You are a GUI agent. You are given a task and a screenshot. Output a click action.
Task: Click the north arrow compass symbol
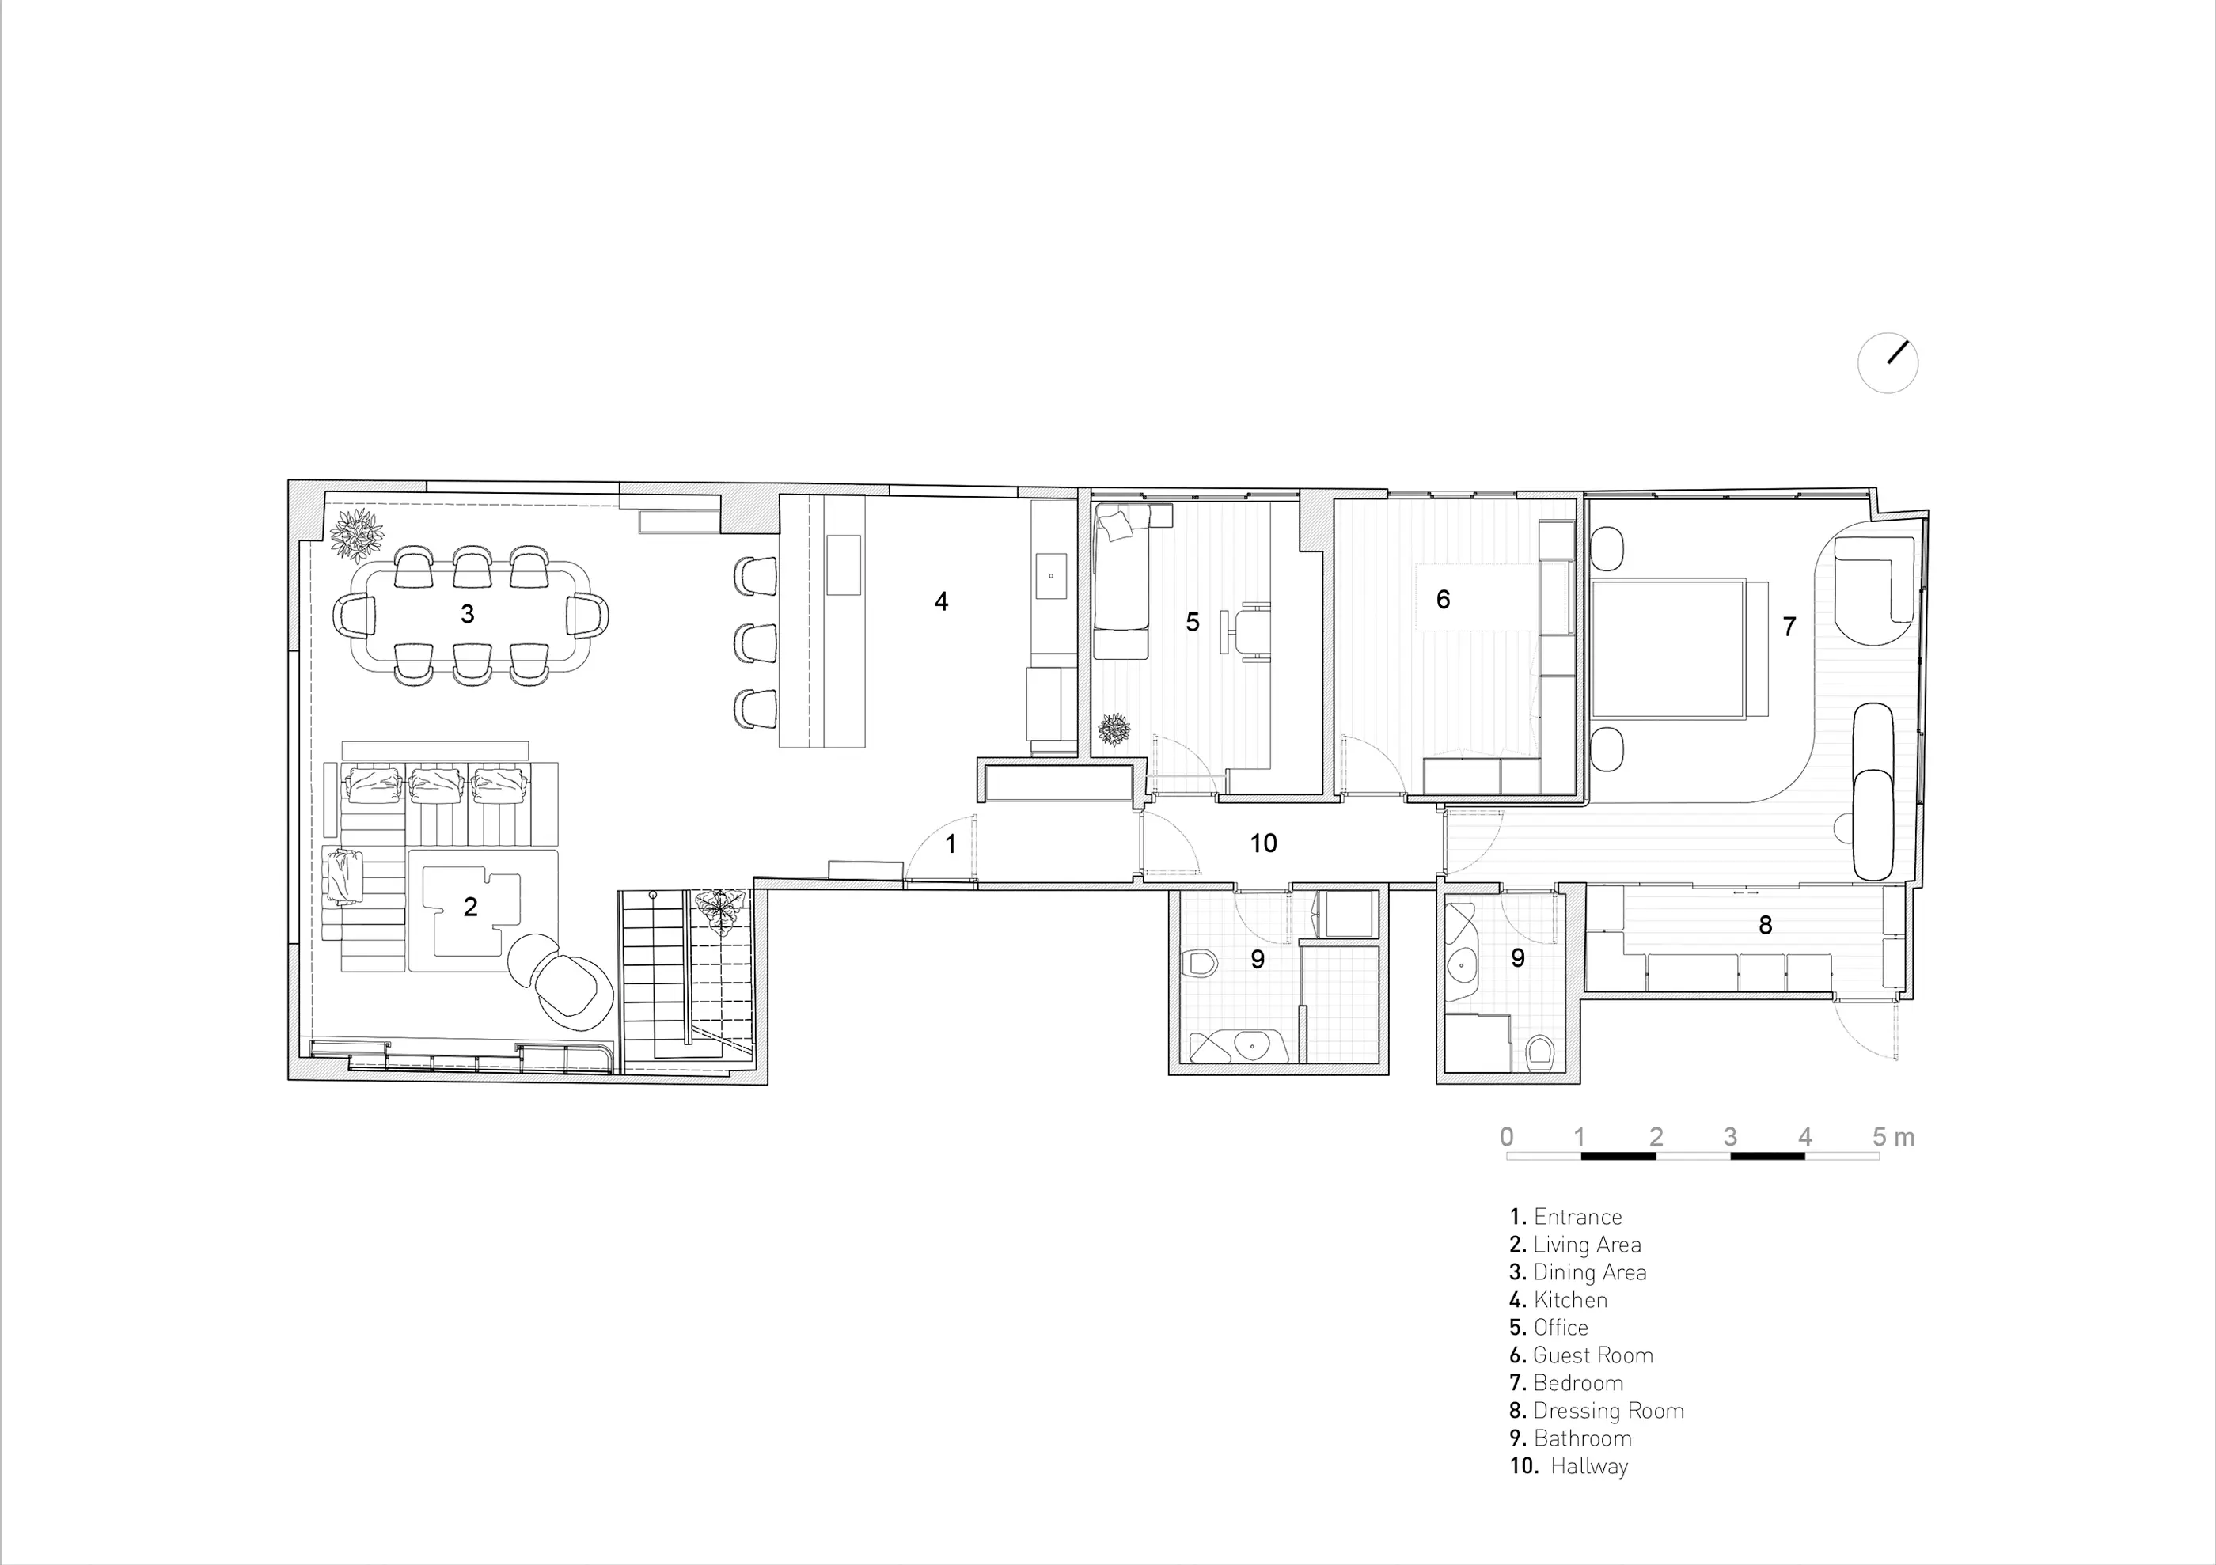1888,363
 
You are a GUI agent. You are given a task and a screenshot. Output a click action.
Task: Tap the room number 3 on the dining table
467,614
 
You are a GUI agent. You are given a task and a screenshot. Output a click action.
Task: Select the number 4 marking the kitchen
941,601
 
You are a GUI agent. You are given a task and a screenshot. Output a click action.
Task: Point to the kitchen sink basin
1051,576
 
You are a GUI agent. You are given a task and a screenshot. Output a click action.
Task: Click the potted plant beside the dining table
357,536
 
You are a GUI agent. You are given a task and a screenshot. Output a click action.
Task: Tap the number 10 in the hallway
1263,843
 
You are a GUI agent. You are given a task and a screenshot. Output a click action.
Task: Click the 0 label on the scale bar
1507,1137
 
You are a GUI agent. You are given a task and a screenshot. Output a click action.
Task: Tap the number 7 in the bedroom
1789,627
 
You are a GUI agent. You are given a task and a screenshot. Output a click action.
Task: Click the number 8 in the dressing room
1765,925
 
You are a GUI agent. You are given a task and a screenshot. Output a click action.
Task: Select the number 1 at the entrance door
951,844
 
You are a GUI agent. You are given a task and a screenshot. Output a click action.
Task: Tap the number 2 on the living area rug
470,907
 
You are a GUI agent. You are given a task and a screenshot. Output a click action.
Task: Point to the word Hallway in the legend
1590,1467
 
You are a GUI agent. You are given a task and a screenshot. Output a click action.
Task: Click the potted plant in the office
1115,729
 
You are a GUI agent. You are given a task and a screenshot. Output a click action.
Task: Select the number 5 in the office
1193,623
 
